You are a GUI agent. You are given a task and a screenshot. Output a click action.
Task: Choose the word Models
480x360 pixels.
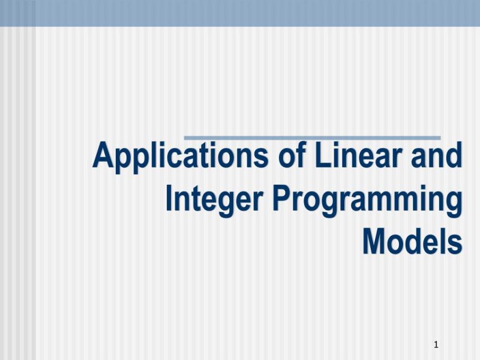point(412,241)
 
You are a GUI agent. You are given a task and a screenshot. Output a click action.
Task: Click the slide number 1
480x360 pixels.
point(436,344)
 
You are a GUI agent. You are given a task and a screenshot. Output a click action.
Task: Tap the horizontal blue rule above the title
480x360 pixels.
point(311,138)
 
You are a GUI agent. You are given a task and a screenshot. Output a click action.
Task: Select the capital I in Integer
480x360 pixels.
point(170,199)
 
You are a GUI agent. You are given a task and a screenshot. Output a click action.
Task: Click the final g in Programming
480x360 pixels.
point(454,204)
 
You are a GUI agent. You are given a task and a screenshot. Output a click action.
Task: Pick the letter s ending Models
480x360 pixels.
point(455,243)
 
